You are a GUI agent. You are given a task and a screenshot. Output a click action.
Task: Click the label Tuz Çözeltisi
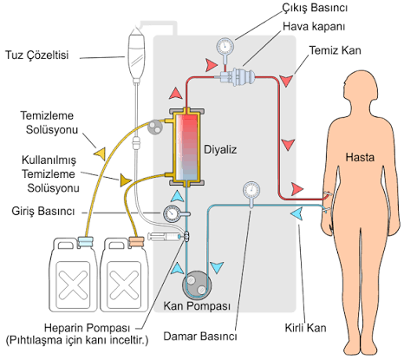(37, 55)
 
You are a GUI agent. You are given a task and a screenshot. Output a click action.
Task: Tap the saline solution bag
(136, 54)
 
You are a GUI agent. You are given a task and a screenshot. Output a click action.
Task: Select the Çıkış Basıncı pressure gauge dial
(225, 46)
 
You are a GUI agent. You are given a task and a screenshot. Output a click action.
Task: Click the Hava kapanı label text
(314, 27)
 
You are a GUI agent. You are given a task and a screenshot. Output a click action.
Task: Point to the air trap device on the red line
(238, 76)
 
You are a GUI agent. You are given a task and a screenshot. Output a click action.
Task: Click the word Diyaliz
(220, 149)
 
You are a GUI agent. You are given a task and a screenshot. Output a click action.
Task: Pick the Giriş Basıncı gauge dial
(172, 214)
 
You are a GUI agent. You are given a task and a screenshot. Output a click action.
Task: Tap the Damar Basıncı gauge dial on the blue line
(251, 190)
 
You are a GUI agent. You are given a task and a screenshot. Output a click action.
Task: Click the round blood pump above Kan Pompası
(197, 285)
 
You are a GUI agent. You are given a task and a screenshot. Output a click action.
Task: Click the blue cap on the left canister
(86, 242)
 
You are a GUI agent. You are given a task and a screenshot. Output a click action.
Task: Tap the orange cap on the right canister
(136, 242)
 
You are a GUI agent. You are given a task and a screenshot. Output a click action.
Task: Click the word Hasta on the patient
(360, 157)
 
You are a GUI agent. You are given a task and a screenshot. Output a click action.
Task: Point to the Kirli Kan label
(305, 328)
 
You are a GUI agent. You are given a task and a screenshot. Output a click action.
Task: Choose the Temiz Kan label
(336, 50)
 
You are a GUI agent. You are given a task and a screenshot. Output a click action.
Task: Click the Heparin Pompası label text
(87, 328)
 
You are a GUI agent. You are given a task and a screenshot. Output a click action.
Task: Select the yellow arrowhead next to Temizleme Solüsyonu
(100, 154)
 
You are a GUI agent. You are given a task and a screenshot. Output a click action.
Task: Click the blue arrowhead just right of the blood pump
(217, 267)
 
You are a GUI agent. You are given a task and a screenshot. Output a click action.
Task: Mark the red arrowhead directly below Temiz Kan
(286, 81)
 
